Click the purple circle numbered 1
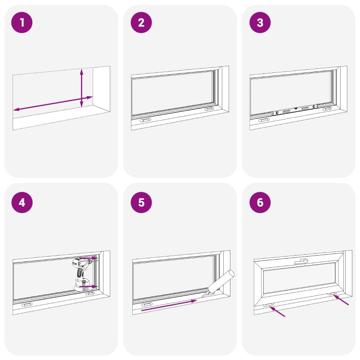coord(22,22)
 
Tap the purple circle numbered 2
coord(141,22)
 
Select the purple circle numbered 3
coord(260,22)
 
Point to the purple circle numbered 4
coord(22,202)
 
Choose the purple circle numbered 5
coord(141,202)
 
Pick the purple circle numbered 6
coord(260,202)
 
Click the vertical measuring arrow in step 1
coord(81,88)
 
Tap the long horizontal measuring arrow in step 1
coord(53,103)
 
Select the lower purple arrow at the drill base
coord(89,287)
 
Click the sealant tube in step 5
coord(219,284)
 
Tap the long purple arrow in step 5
coord(169,305)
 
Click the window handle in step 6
coord(301,261)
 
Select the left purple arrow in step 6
coord(277,311)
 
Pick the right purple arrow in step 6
coord(341,300)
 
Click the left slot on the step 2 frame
coord(145,120)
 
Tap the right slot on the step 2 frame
coord(209,109)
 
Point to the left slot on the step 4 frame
coord(27,305)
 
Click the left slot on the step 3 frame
coord(264,120)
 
